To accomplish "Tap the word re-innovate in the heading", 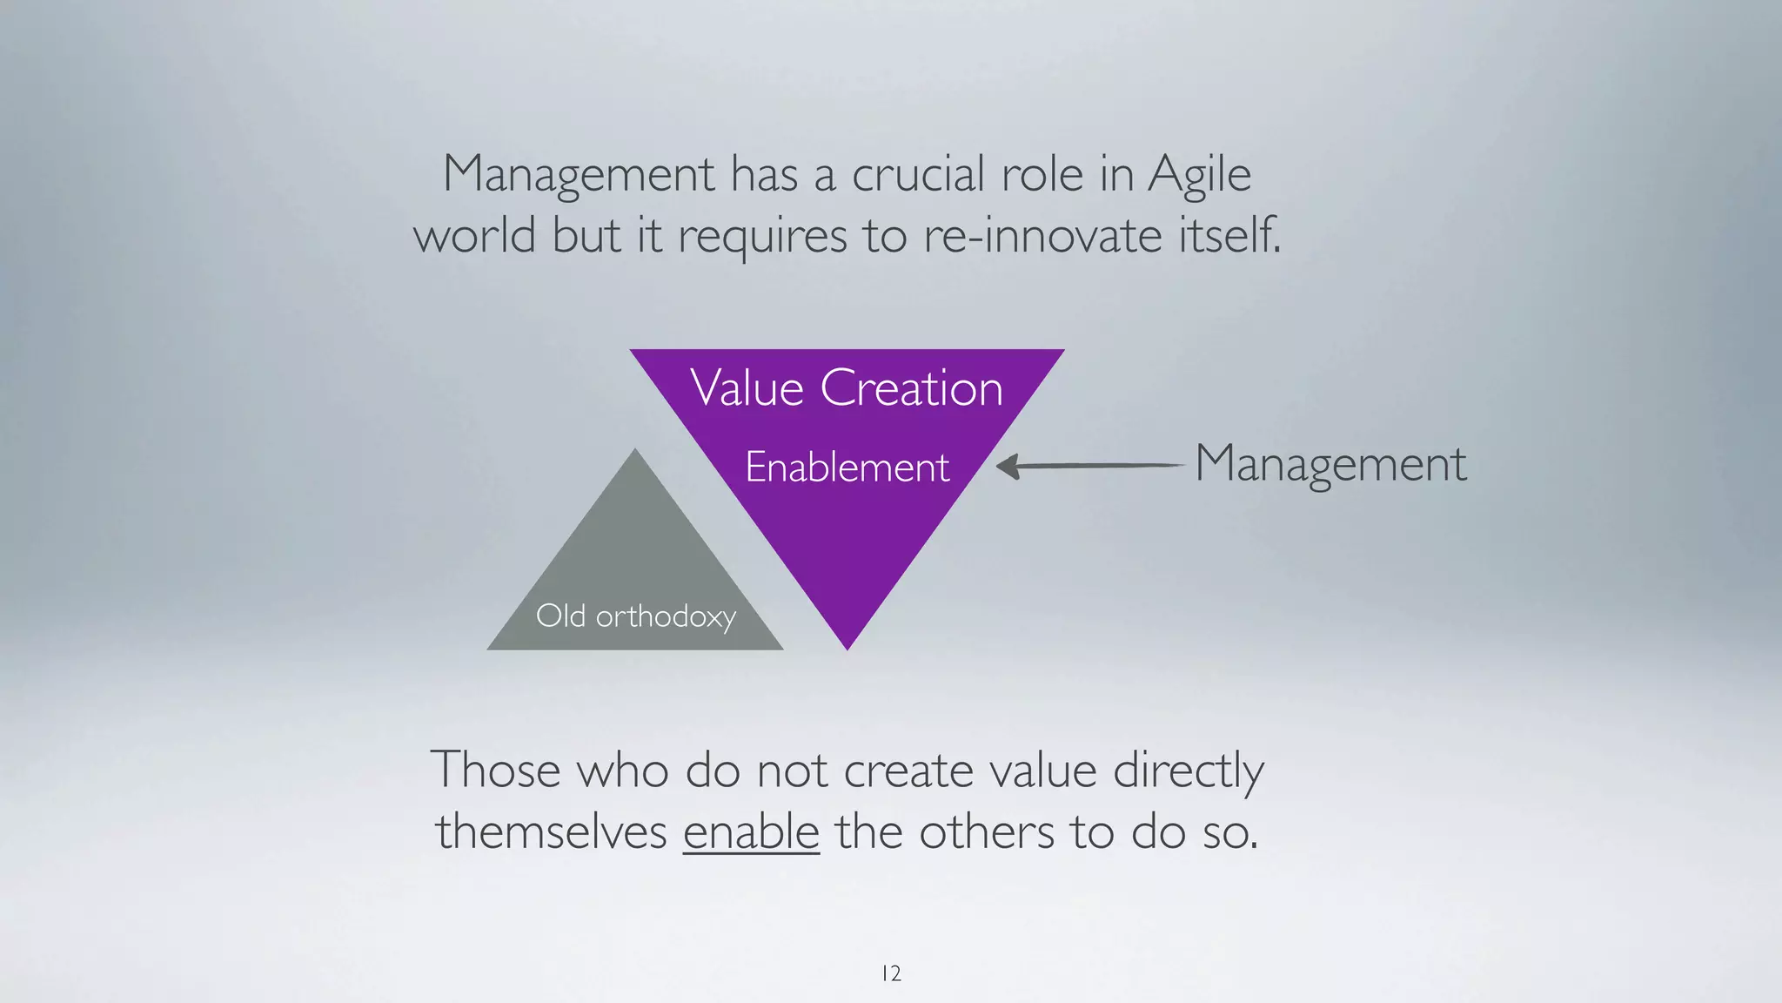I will pyautogui.click(x=1042, y=236).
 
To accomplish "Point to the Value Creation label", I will pyautogui.click(x=847, y=388).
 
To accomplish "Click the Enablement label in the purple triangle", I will pyautogui.click(x=847, y=468).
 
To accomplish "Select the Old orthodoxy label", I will pyautogui.click(x=636, y=616).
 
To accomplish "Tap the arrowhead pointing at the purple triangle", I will pyautogui.click(x=1007, y=467).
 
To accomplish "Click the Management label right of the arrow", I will pyautogui.click(x=1330, y=464).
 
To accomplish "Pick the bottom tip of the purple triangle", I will pyautogui.click(x=847, y=646).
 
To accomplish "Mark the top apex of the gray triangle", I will pyautogui.click(x=635, y=452).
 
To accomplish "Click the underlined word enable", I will pyautogui.click(x=751, y=831).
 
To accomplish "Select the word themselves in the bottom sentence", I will pyautogui.click(x=552, y=831).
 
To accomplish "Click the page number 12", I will pyautogui.click(x=891, y=973).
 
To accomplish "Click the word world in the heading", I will pyautogui.click(x=475, y=236).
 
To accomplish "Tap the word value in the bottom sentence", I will pyautogui.click(x=1043, y=771).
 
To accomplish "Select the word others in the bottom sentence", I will pyautogui.click(x=987, y=831).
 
